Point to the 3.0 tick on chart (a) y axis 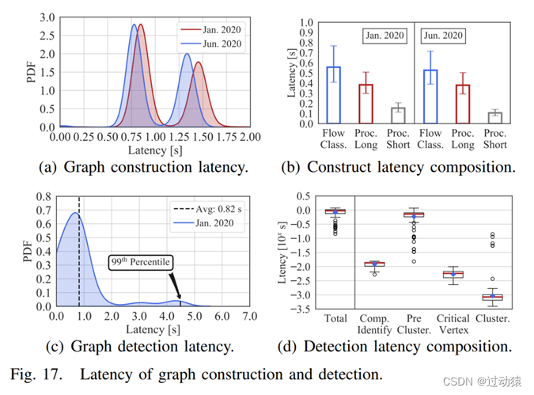tap(47, 17)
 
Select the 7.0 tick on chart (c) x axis tap(249, 316)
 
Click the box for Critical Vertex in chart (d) tap(453, 274)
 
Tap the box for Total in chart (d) tap(335, 211)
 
